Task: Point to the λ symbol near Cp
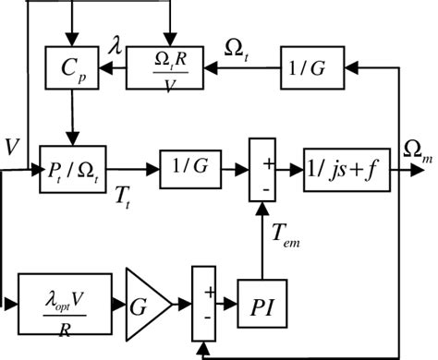113,42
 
